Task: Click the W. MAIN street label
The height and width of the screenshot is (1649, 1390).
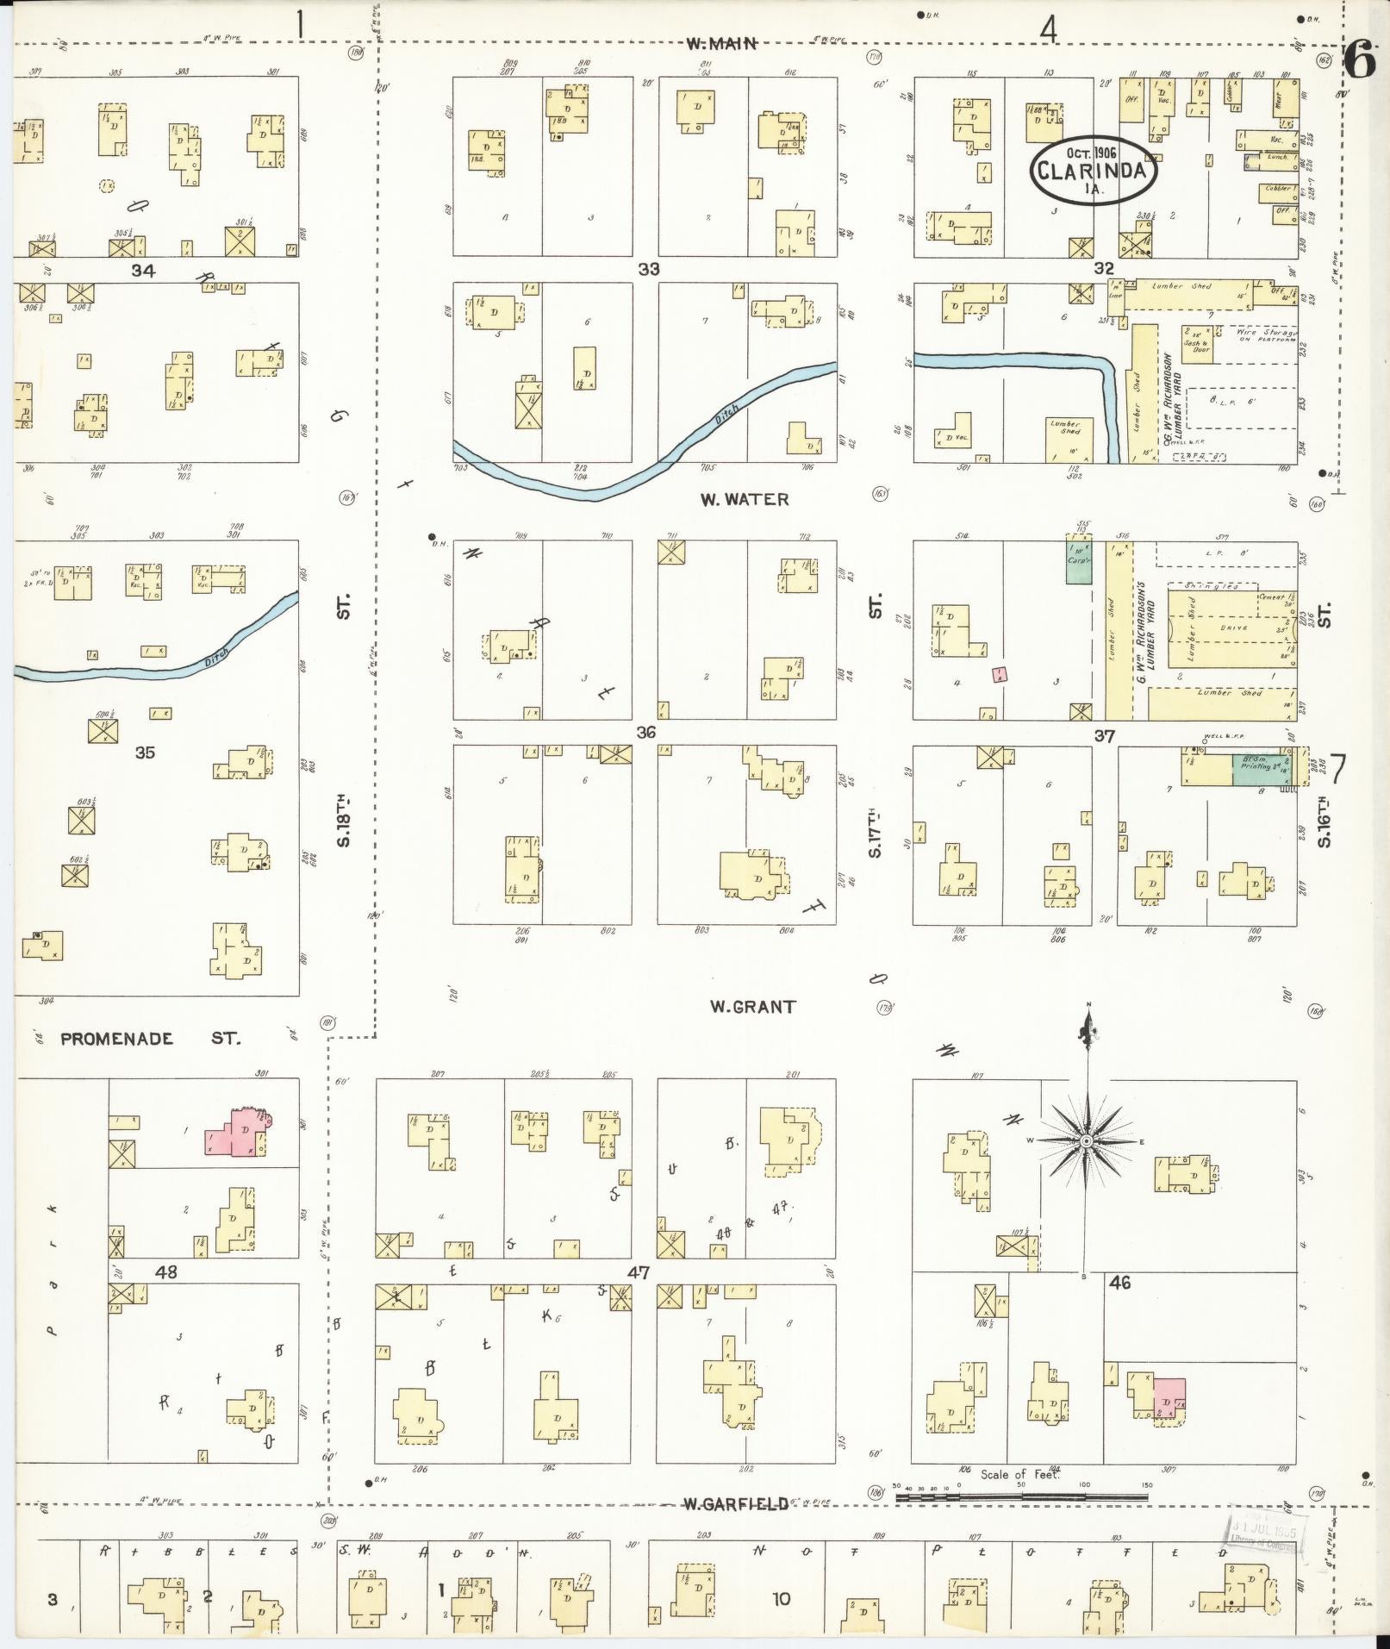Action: [721, 43]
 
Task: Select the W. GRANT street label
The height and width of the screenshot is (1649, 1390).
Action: [752, 1006]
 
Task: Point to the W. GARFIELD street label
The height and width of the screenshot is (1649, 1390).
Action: [735, 1504]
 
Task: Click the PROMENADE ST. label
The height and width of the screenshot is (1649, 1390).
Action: [150, 1039]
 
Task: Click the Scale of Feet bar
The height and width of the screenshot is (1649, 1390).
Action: [1021, 1497]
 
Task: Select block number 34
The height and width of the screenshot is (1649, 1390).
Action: [144, 271]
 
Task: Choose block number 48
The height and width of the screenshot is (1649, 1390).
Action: [165, 1271]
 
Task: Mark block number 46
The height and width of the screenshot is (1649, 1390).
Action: [1119, 1283]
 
